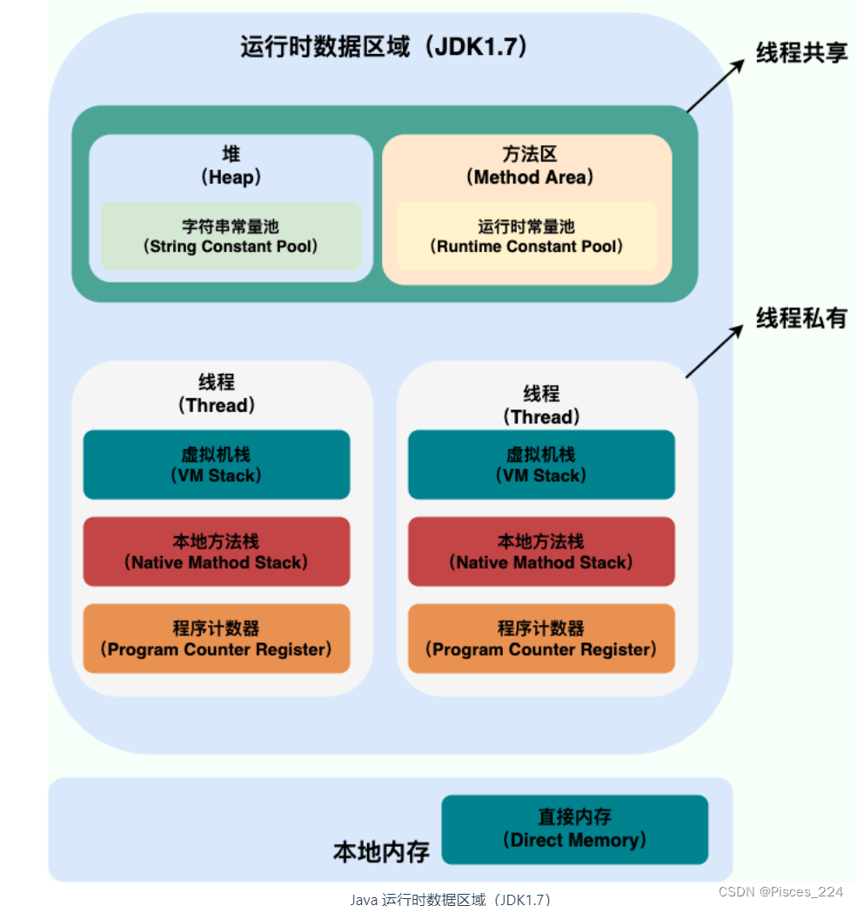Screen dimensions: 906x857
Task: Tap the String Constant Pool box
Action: (231, 236)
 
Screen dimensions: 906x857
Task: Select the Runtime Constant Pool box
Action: (526, 236)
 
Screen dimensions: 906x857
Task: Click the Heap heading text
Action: (231, 166)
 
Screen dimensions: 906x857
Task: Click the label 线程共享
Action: (800, 53)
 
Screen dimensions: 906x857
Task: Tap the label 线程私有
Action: (800, 318)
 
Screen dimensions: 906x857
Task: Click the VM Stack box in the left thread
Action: (217, 465)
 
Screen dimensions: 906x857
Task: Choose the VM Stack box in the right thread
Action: (541, 465)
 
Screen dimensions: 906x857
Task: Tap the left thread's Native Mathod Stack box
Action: (217, 552)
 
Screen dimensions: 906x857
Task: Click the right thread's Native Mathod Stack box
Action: (541, 552)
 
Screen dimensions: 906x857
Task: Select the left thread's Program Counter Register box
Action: (217, 639)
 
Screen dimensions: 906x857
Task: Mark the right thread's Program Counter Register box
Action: (541, 639)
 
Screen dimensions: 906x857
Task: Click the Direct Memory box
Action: (575, 829)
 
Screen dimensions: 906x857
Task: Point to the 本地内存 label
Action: (381, 851)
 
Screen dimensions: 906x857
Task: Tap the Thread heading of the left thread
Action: (217, 394)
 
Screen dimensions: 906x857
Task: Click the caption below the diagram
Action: (451, 899)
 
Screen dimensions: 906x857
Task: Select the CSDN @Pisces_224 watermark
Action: (781, 891)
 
